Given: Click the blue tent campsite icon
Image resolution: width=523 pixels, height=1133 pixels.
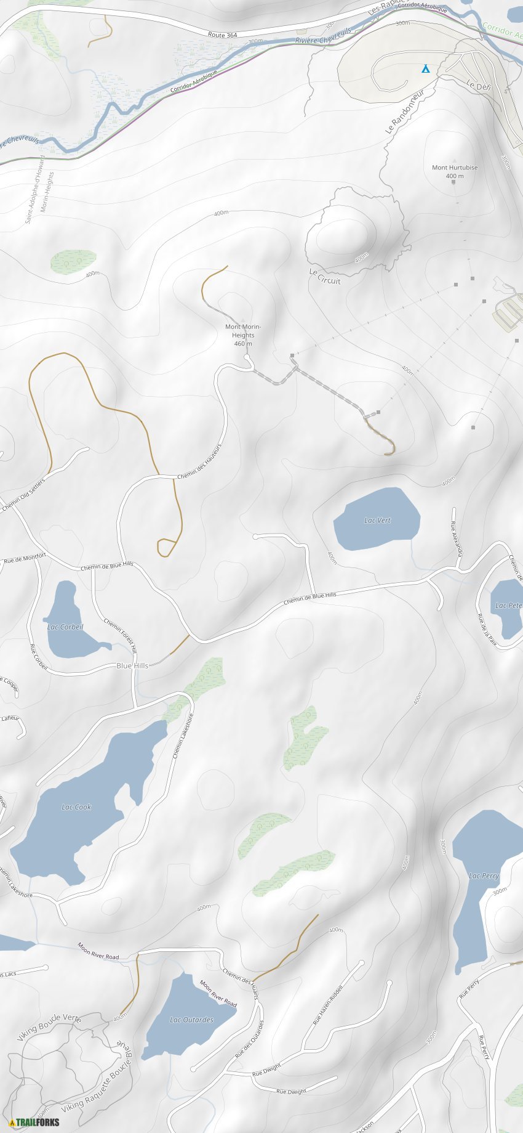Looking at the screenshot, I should pyautogui.click(x=425, y=68).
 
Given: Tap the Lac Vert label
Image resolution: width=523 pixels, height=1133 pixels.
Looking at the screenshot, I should pyautogui.click(x=377, y=521).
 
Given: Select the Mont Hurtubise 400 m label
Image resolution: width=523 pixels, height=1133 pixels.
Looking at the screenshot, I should pyautogui.click(x=455, y=171).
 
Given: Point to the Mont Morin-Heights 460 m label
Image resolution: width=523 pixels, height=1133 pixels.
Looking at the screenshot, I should pyautogui.click(x=243, y=335).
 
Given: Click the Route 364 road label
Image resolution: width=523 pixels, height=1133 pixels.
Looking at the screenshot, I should pyautogui.click(x=222, y=35).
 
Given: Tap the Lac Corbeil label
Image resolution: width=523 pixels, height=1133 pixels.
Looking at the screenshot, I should pyautogui.click(x=65, y=627).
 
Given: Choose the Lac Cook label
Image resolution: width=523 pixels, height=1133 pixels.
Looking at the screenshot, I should pyautogui.click(x=76, y=807).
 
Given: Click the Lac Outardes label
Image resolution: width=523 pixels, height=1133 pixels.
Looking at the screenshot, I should pyautogui.click(x=191, y=1020).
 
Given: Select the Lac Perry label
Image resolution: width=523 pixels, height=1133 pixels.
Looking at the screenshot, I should pyautogui.click(x=484, y=875).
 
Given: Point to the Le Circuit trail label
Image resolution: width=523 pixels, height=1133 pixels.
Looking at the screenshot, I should pyautogui.click(x=325, y=277).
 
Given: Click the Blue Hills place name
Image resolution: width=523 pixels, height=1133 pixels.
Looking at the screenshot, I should pyautogui.click(x=132, y=665).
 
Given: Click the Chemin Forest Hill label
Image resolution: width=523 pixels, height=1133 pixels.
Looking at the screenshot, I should pyautogui.click(x=120, y=635).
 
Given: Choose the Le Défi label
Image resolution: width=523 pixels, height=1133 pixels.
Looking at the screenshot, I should pyautogui.click(x=478, y=86).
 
